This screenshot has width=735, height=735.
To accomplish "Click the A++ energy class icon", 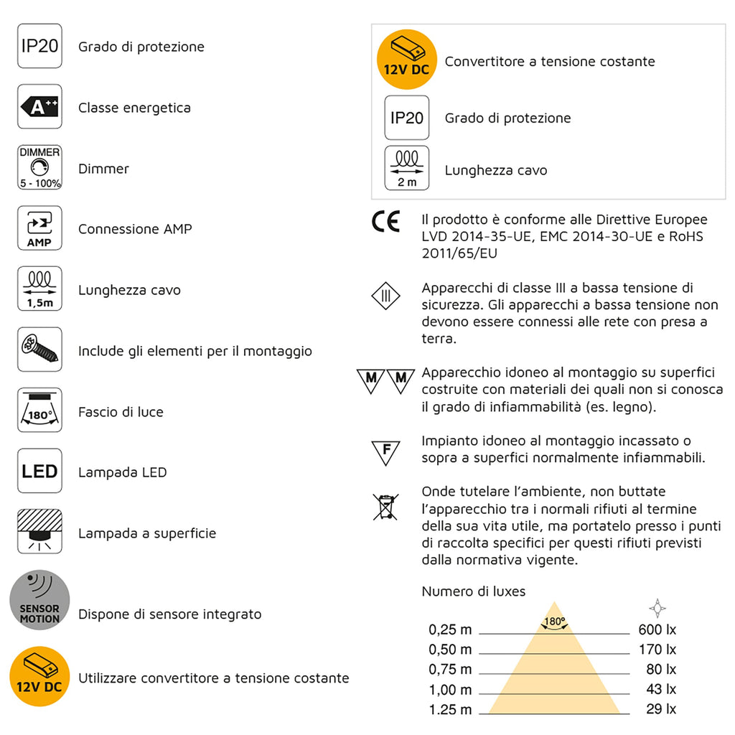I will [39, 108].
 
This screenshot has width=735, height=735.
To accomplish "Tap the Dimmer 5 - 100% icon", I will [39, 168].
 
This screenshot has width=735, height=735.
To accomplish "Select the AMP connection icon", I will [39, 229].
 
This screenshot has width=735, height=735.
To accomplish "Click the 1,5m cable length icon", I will [39, 289].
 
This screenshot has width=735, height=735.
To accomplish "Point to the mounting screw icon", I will [39, 350].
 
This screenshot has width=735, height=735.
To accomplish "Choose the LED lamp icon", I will [39, 472].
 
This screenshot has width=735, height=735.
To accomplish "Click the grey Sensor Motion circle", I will [39, 600].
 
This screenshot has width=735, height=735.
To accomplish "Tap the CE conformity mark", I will [385, 222].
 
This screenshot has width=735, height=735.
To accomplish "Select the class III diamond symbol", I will [385, 296].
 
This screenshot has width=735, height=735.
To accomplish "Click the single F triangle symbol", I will [386, 451].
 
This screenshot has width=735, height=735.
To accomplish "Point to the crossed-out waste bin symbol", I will [385, 506].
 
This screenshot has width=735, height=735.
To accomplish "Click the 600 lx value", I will [657, 630].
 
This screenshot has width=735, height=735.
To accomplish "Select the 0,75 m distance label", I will [451, 670].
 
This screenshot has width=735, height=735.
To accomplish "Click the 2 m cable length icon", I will [407, 169].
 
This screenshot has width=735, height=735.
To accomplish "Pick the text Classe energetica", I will [134, 108].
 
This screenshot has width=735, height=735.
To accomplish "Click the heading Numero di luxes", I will [474, 591].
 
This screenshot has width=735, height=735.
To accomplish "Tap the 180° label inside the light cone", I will [554, 622].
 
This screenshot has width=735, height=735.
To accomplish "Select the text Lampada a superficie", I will [147, 533].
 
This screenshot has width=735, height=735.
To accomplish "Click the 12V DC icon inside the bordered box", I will [407, 60].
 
